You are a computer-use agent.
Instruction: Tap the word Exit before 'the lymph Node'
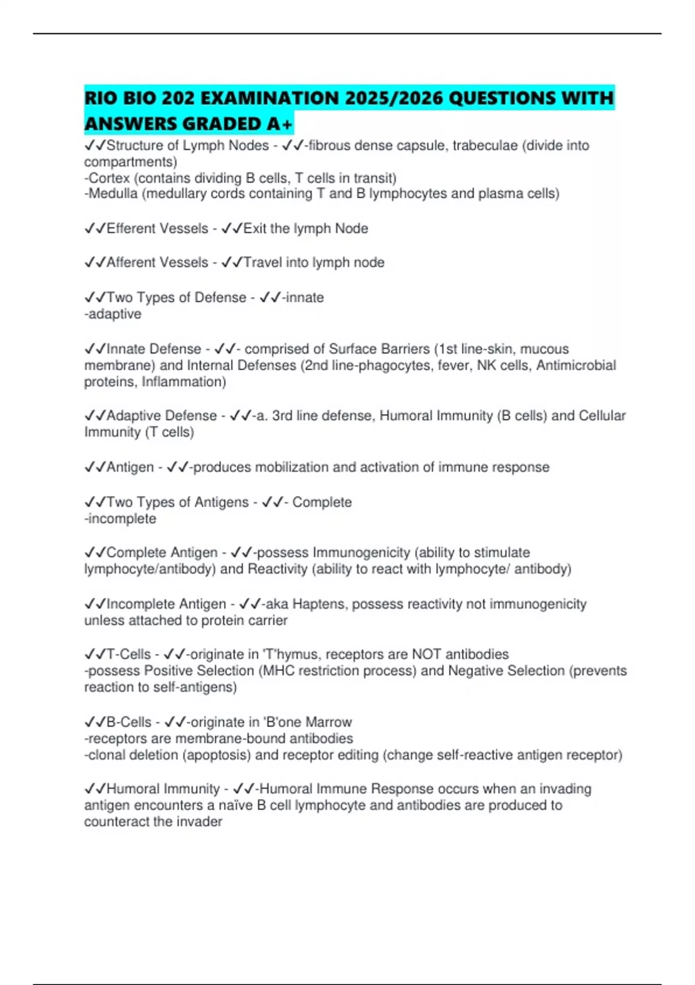[254, 228]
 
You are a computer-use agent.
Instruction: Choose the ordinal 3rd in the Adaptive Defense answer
[283, 416]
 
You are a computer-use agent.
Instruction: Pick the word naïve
[237, 805]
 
